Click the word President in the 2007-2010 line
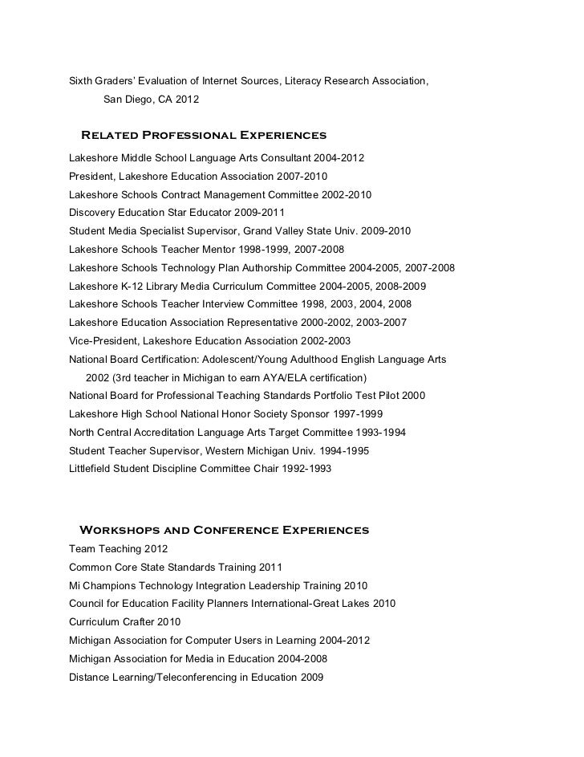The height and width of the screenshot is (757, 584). (x=91, y=177)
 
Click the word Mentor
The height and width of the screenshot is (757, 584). (x=213, y=249)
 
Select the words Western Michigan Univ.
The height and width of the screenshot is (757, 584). (x=274, y=450)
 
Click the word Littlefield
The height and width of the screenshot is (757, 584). (x=92, y=468)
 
